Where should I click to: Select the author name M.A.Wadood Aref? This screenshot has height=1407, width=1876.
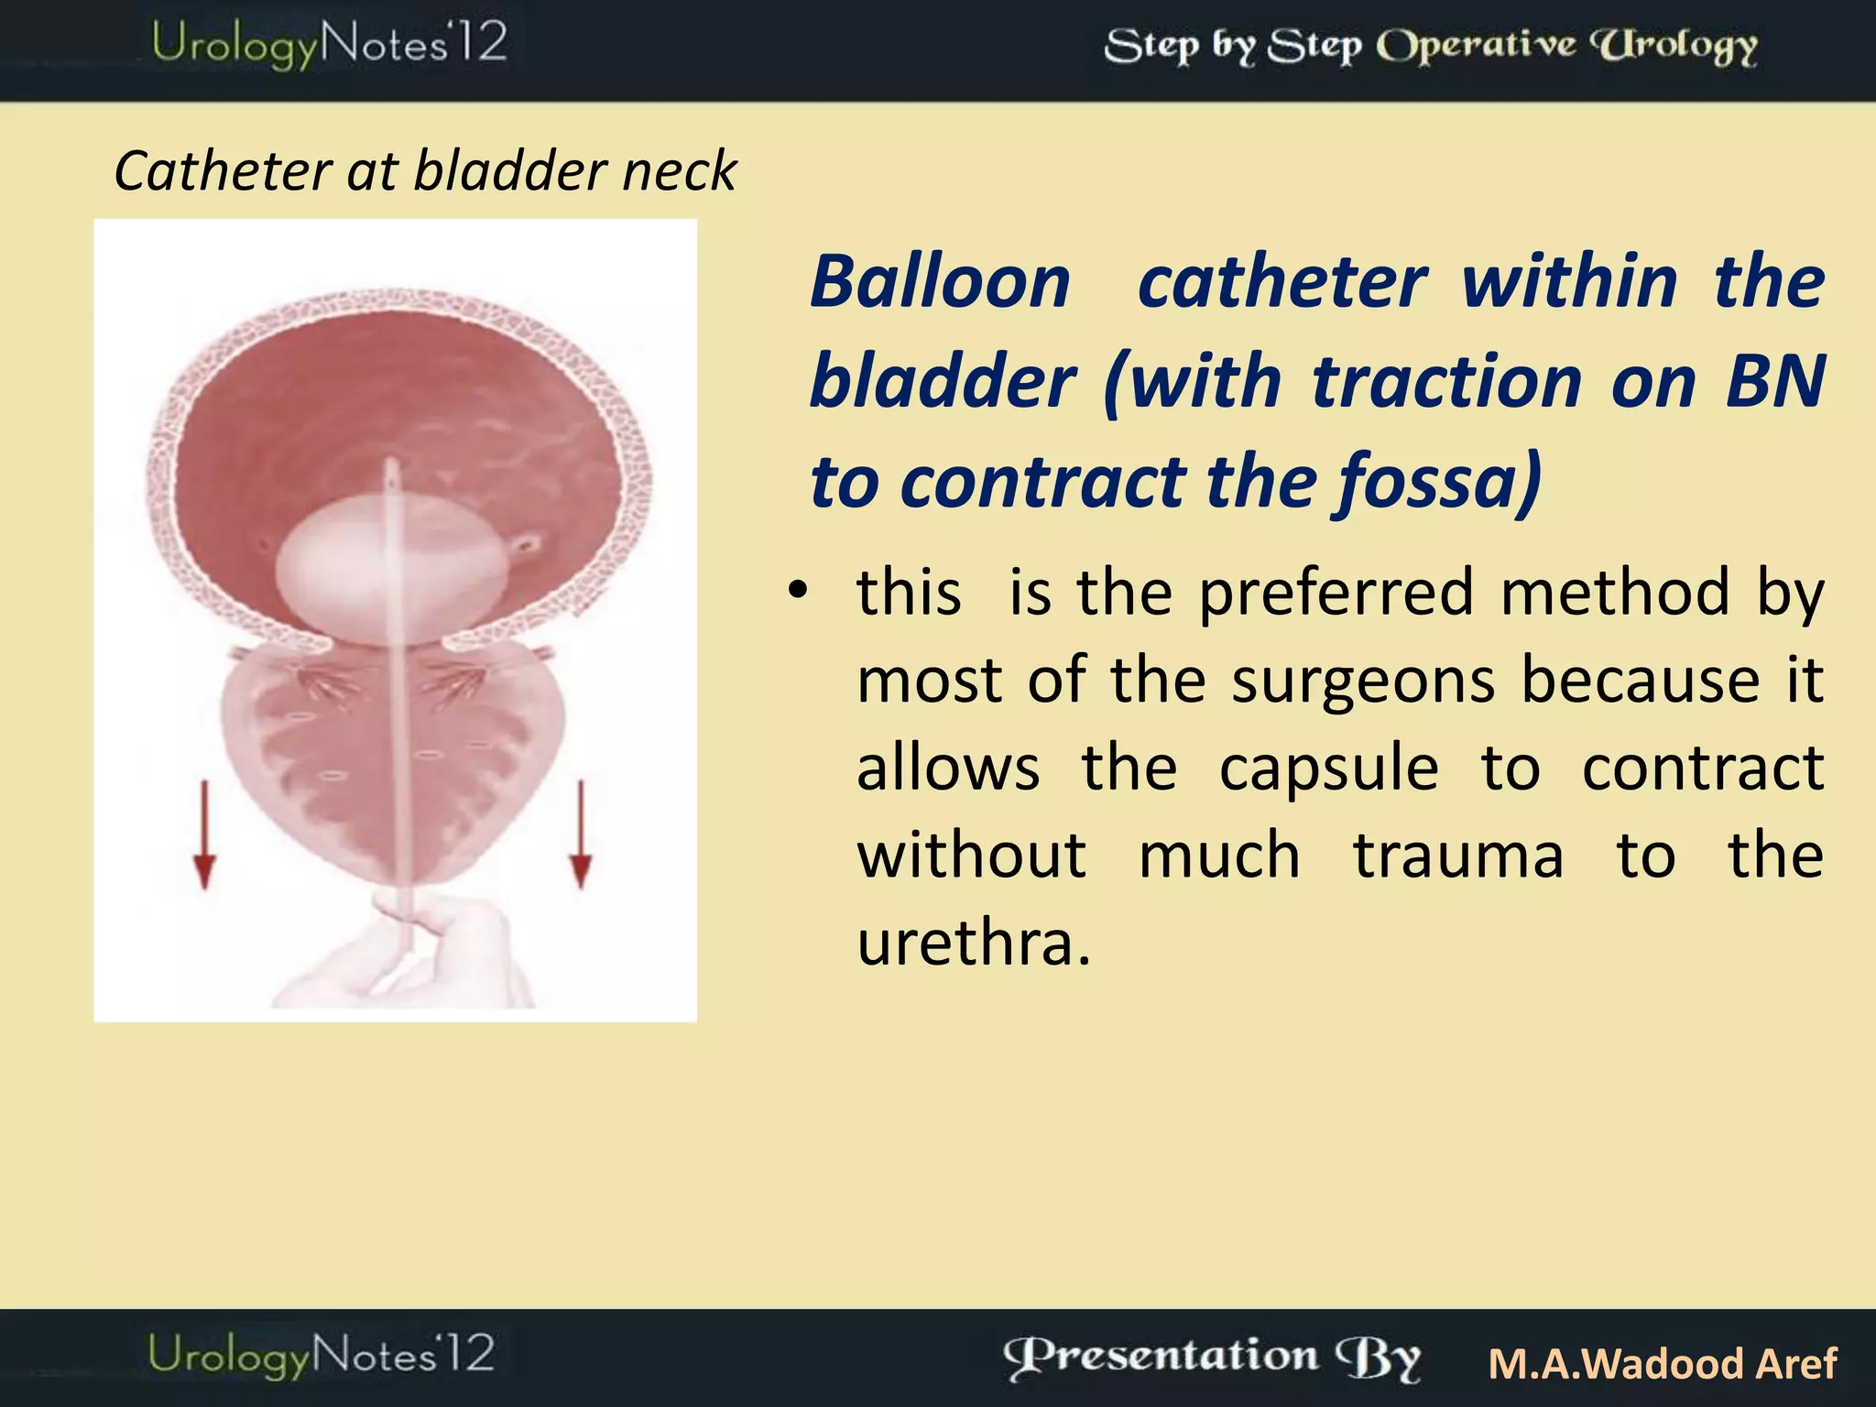(x=1663, y=1363)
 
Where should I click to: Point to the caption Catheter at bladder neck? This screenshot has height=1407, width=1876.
(x=425, y=171)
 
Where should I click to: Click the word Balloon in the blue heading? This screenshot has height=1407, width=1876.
(x=941, y=282)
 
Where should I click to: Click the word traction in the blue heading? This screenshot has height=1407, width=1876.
(x=1447, y=381)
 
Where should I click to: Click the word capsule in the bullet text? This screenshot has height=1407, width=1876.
(x=1328, y=768)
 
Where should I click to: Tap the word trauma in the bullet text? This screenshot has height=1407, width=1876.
(x=1458, y=856)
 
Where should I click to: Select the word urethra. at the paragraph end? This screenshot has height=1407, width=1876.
(x=974, y=943)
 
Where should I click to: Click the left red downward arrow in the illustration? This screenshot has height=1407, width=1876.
(x=204, y=834)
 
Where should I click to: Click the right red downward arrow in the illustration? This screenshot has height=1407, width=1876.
(x=581, y=834)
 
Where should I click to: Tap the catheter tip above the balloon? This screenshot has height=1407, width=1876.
(x=393, y=476)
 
